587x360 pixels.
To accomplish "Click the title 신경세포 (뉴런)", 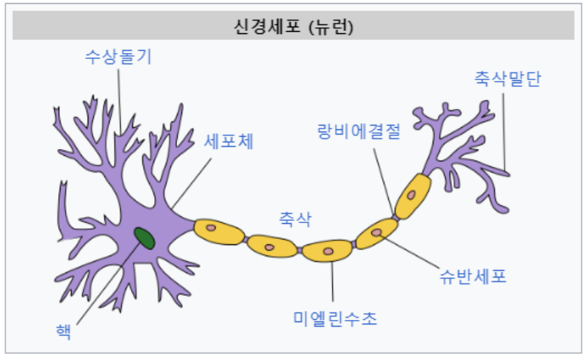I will tap(294, 28).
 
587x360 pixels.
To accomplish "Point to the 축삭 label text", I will tap(295, 219).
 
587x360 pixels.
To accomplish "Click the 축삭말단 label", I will tap(508, 79).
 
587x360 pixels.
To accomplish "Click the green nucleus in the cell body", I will tap(144, 238).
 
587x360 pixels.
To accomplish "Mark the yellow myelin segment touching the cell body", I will tap(219, 230).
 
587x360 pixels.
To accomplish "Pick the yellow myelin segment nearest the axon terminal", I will tap(413, 196).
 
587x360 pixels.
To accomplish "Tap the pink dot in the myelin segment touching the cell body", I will tap(212, 227).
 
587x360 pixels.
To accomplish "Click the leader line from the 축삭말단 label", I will tap(505, 129).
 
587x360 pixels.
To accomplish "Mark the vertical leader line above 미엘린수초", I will tap(332, 284).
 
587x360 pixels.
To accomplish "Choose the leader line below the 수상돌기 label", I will tap(119, 98).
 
